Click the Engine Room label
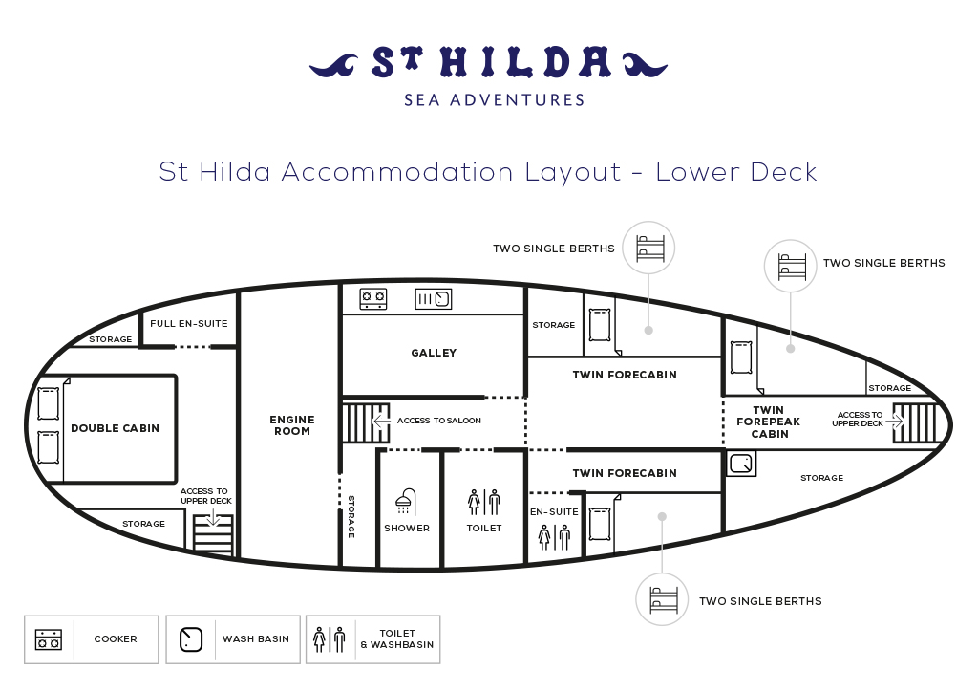click(292, 425)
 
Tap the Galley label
click(434, 353)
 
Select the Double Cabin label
click(115, 428)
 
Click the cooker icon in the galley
click(373, 299)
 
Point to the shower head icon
click(405, 501)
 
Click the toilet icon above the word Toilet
click(484, 502)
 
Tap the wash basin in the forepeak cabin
click(741, 464)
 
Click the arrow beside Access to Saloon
click(381, 422)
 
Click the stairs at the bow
click(914, 423)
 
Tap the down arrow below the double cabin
click(213, 517)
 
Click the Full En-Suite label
click(189, 323)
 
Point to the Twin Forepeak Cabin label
click(769, 422)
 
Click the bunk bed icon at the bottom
click(662, 599)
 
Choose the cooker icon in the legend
click(48, 639)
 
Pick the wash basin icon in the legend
click(191, 639)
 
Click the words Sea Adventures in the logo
click(494, 99)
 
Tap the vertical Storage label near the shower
click(351, 517)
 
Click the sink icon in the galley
click(434, 299)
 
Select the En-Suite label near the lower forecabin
click(554, 511)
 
